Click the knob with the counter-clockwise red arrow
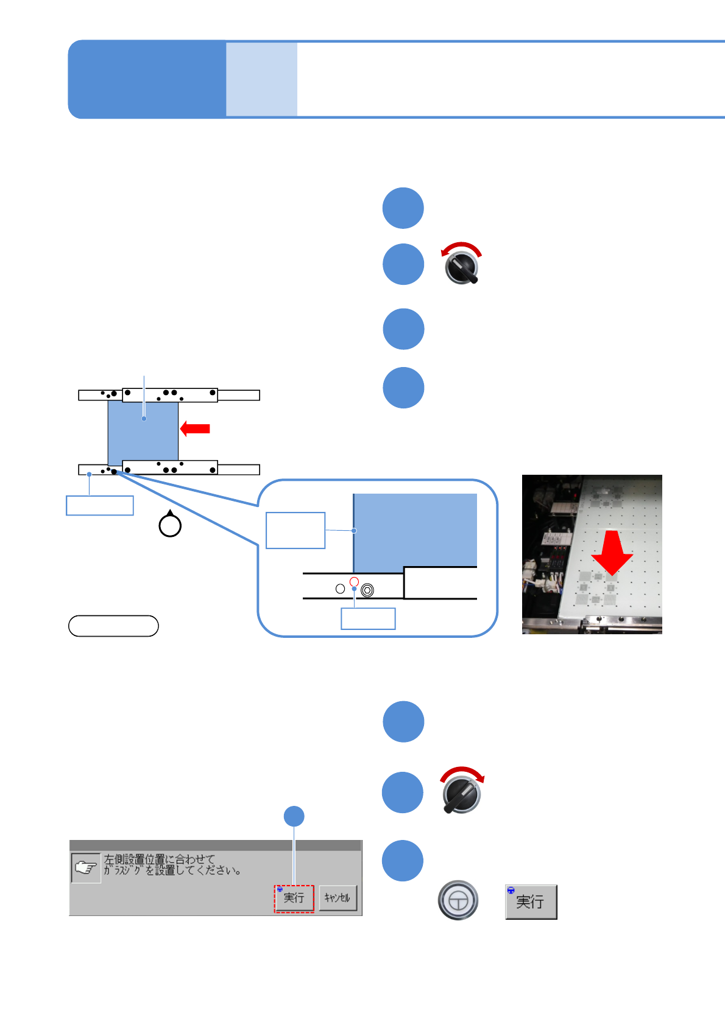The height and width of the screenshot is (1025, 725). [462, 267]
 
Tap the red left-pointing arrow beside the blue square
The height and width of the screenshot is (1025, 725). [195, 429]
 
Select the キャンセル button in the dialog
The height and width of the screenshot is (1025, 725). [338, 898]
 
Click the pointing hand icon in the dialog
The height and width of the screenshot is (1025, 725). [86, 868]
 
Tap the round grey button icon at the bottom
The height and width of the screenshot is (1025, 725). [458, 900]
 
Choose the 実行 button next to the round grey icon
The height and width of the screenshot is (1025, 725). [531, 901]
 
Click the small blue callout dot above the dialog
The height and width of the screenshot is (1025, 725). [294, 816]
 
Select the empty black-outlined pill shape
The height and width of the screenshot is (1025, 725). [113, 626]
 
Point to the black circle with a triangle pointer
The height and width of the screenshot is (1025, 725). [170, 525]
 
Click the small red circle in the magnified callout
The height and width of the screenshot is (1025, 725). [354, 581]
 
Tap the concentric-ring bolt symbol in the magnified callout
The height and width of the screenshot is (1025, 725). [367, 590]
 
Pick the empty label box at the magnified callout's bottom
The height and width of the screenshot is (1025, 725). [368, 618]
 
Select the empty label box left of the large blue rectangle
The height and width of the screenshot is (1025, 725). [295, 530]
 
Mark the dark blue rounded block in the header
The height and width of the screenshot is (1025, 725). [146, 79]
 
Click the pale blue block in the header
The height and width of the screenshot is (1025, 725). [261, 79]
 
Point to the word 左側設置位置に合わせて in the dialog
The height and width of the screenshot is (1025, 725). [160, 859]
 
